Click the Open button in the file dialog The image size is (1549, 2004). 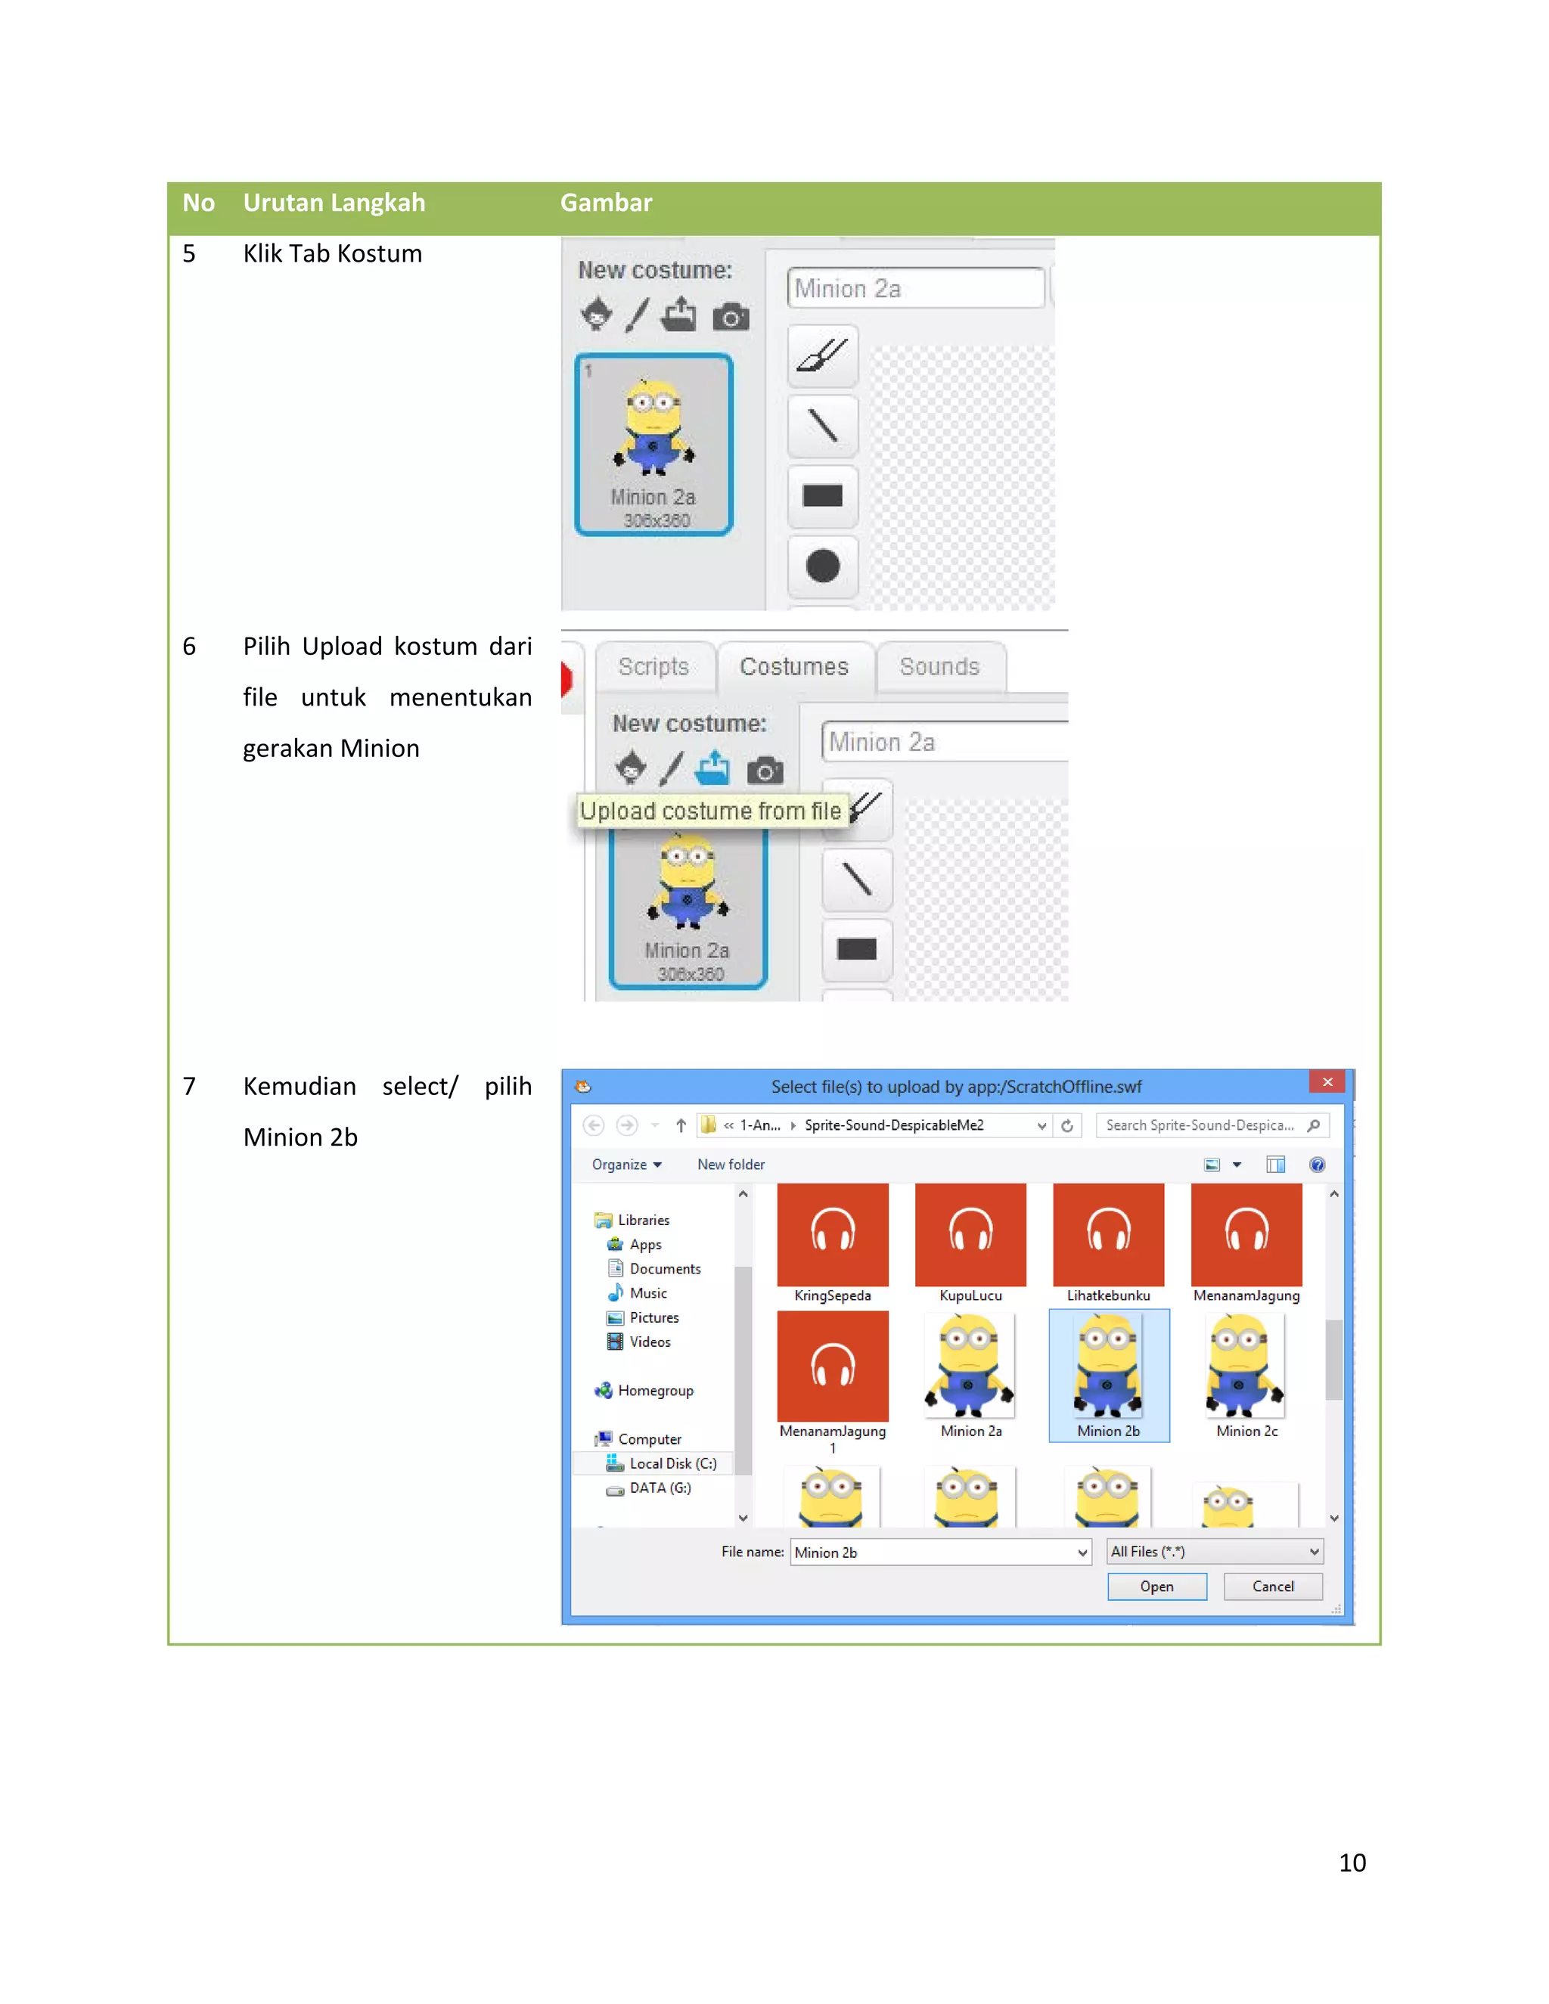click(x=1156, y=1587)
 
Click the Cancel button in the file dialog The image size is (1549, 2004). click(x=1272, y=1587)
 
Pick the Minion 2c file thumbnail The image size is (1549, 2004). click(x=1245, y=1368)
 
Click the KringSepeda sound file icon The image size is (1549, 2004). click(x=831, y=1234)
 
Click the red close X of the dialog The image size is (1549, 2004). click(x=1326, y=1082)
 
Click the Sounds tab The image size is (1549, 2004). click(x=939, y=667)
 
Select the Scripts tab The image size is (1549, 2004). click(x=653, y=667)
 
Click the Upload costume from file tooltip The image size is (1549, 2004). click(x=709, y=811)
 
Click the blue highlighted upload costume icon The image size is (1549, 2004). click(x=712, y=768)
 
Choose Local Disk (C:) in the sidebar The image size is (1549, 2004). click(x=672, y=1463)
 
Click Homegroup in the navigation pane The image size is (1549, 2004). click(x=654, y=1390)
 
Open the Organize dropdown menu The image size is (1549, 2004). click(x=625, y=1165)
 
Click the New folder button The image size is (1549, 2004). click(x=731, y=1165)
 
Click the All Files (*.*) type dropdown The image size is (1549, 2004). click(x=1214, y=1552)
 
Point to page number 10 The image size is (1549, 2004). click(x=1352, y=1862)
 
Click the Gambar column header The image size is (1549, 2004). click(x=606, y=203)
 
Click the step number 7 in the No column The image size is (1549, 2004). click(x=189, y=1087)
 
